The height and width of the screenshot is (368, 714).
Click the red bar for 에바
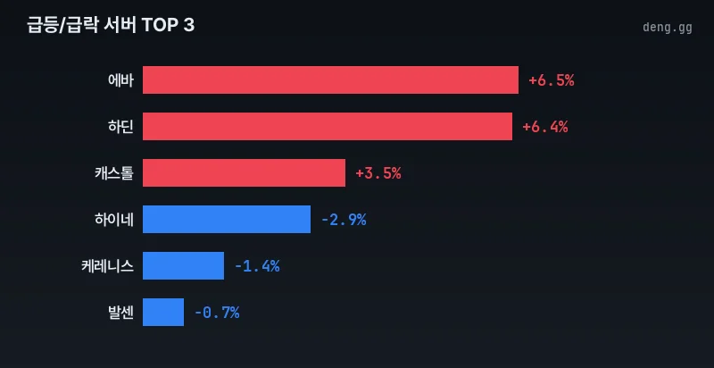330,80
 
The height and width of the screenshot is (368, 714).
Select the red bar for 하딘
328,127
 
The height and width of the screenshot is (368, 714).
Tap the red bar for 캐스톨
244,173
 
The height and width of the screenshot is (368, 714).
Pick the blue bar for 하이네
227,220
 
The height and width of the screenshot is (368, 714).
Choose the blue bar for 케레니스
183,266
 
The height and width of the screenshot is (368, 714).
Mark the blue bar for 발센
163,313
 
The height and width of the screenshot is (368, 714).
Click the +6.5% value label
551,80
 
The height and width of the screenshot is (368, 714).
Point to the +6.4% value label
544,127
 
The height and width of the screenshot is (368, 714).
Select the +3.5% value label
378,173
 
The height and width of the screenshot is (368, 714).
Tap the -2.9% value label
343,220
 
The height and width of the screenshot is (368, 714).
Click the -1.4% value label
256,266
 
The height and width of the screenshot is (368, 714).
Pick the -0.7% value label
216,313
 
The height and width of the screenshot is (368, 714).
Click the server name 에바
120,80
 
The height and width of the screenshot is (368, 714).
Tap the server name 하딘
120,127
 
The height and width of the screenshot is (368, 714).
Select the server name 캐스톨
113,173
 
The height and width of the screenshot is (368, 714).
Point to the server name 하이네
113,220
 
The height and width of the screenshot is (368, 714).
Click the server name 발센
120,313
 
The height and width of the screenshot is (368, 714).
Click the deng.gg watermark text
667,28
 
